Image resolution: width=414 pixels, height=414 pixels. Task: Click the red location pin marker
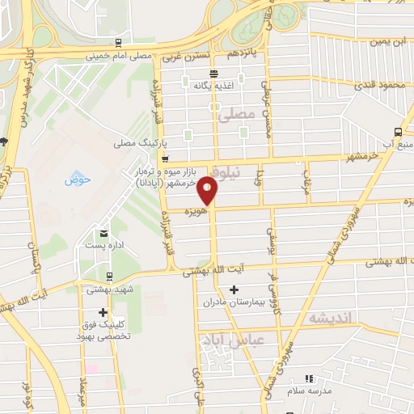point(208,189)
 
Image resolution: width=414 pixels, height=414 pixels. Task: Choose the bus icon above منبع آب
point(399,132)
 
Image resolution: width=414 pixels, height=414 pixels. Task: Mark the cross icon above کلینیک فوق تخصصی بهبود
point(103,312)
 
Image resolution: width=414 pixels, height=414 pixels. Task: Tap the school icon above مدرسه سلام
point(308,378)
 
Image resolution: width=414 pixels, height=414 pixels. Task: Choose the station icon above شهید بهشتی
point(89,275)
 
